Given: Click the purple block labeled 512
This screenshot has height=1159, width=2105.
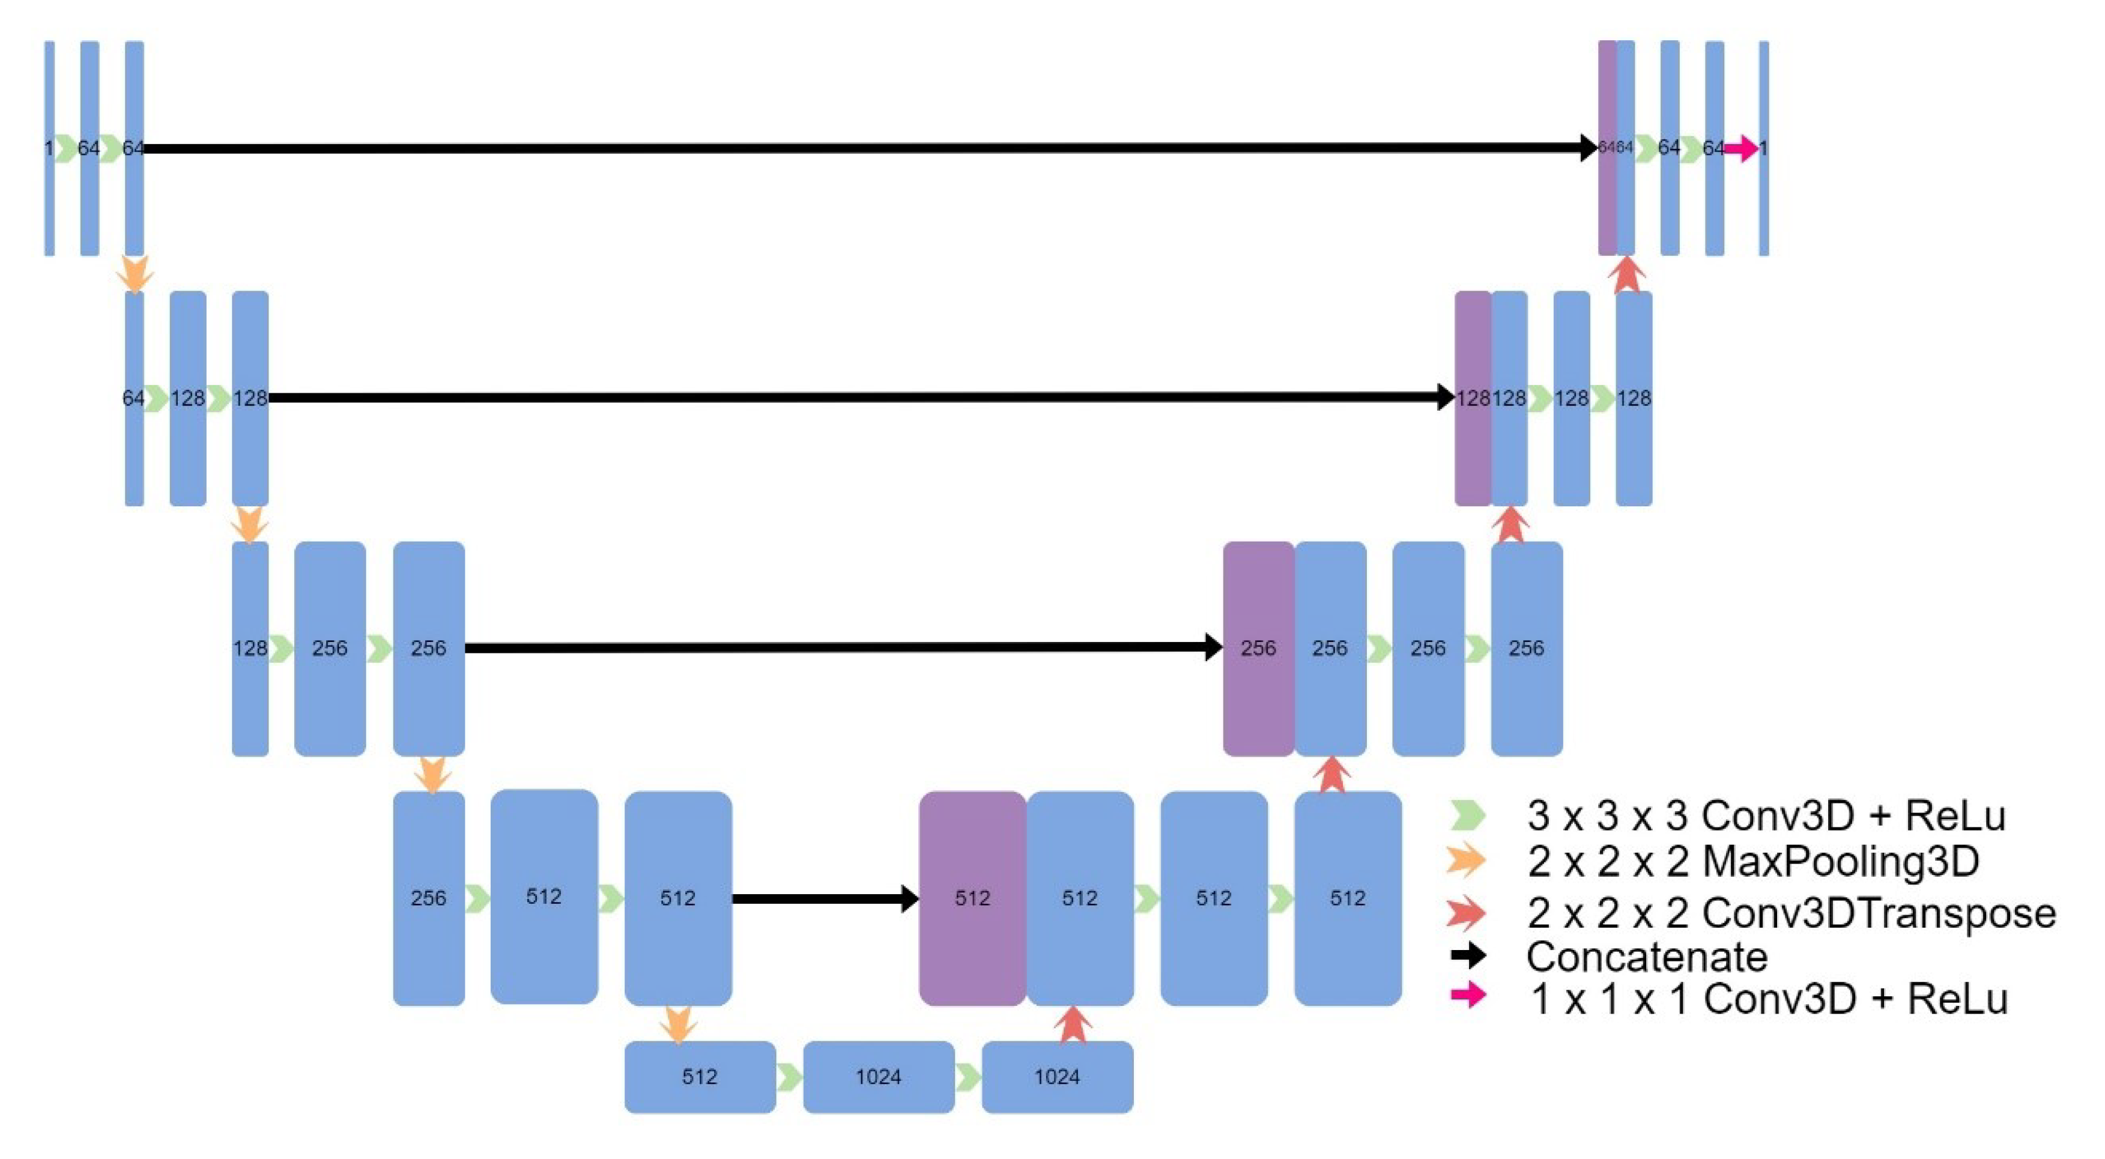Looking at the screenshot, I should (x=972, y=897).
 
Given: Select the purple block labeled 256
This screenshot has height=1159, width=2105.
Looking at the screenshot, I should (x=1258, y=648).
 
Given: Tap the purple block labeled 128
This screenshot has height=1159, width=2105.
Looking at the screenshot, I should (x=1473, y=398).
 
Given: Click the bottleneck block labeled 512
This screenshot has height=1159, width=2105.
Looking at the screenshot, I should (x=700, y=1077).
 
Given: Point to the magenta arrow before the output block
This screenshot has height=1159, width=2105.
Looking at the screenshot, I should (x=1742, y=148).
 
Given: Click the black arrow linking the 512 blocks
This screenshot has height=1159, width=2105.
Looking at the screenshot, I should (x=825, y=898).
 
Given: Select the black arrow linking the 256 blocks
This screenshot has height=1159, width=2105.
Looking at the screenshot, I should (x=841, y=647).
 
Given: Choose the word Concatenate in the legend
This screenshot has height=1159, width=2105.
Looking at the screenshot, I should (x=1647, y=956).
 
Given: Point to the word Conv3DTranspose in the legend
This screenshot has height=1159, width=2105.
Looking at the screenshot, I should (x=1879, y=912).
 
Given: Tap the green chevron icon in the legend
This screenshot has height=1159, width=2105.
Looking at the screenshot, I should (x=1468, y=815).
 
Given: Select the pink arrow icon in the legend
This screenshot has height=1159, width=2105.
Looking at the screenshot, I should (x=1468, y=994).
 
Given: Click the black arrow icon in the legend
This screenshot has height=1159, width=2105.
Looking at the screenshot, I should (x=1468, y=955).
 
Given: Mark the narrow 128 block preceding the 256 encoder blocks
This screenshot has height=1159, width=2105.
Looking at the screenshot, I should (x=249, y=648).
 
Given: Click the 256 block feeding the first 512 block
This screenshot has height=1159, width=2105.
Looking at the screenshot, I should (x=428, y=897).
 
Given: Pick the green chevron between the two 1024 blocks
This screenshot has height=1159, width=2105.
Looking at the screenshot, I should (x=968, y=1077).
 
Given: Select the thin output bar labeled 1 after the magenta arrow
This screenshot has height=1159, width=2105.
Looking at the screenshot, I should (x=1763, y=148).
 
